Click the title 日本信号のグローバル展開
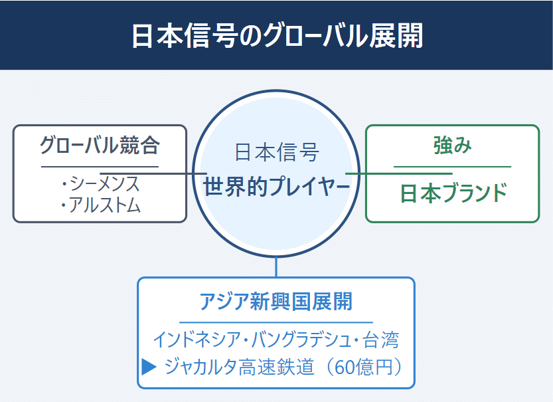(277, 36)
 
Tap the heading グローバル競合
(100, 145)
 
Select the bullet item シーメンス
(105, 183)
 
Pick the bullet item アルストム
(105, 205)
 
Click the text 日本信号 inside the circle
(277, 152)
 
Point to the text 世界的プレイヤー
(276, 187)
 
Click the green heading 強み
(453, 145)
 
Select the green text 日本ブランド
(453, 193)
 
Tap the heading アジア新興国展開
(276, 302)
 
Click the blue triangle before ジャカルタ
(149, 366)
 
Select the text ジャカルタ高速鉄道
(239, 366)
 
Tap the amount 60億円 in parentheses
(363, 367)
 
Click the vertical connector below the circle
(276, 267)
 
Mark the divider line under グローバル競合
(100, 167)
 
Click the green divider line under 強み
(453, 167)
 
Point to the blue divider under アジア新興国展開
(276, 322)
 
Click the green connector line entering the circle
(399, 173)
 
